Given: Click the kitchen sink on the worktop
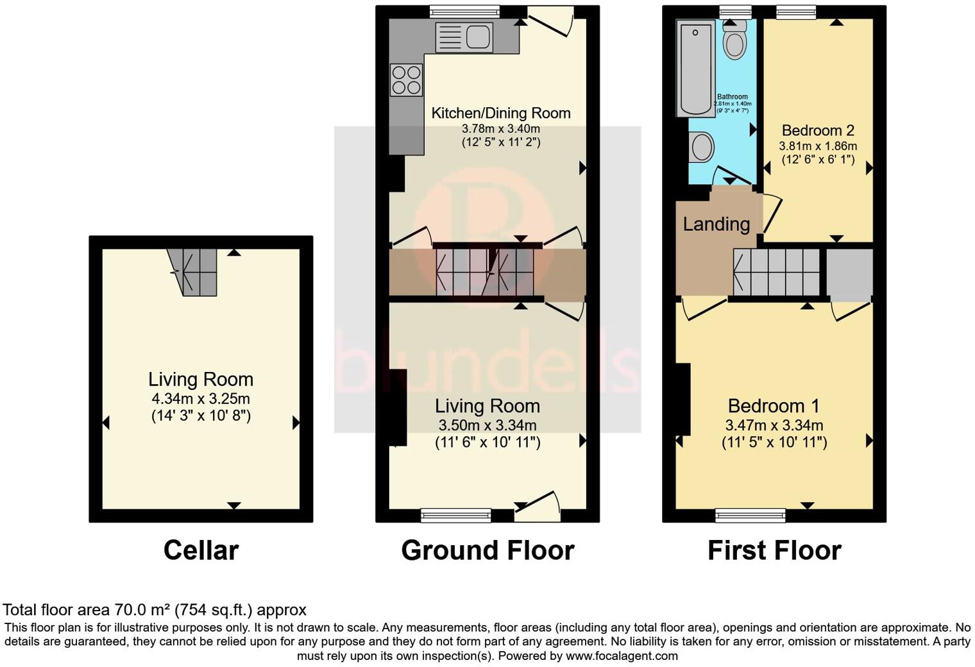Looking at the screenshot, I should click(x=463, y=37).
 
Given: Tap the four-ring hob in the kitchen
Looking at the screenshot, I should click(x=406, y=80).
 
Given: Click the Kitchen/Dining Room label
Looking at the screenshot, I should click(x=500, y=114).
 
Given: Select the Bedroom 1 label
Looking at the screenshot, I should click(x=773, y=406).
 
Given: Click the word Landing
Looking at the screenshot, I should click(x=716, y=224).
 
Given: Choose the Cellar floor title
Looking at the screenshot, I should click(x=201, y=550).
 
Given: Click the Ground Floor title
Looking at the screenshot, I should click(x=487, y=550).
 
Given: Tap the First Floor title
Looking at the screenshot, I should click(x=774, y=550).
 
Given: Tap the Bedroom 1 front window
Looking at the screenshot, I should click(x=750, y=515).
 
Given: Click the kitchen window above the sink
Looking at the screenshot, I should click(x=464, y=11).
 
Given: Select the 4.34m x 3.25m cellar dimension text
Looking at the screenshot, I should click(x=201, y=398).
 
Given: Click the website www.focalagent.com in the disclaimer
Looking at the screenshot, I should click(x=622, y=655).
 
